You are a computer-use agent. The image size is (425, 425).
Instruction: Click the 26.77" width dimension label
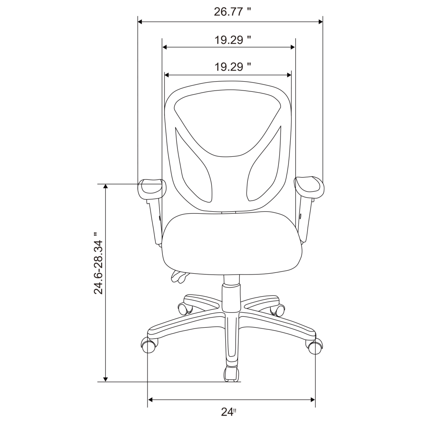(x=230, y=12)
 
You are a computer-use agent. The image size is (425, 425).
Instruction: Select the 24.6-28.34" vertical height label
(x=99, y=263)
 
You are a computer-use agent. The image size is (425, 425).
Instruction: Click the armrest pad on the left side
(x=152, y=187)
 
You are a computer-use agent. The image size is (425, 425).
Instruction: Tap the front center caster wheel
(x=231, y=373)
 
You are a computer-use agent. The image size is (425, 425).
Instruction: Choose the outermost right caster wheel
(x=314, y=346)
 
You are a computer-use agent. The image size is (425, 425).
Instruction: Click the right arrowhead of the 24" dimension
(x=312, y=399)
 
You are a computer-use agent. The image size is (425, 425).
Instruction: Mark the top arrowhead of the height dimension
(x=106, y=187)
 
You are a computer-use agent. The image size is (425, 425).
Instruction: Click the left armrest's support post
(x=155, y=221)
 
